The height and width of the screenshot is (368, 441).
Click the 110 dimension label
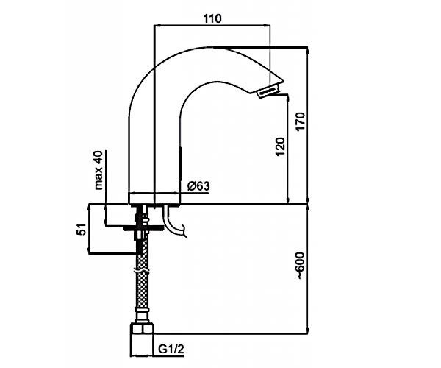[212, 19]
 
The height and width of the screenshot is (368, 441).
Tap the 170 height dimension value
[301, 121]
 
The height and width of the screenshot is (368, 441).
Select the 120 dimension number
[280, 146]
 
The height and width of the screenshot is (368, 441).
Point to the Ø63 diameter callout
[198, 186]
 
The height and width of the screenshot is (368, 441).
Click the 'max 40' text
[98, 170]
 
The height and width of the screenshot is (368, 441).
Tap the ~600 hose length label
[301, 266]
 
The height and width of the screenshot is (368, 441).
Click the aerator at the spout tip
[268, 91]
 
